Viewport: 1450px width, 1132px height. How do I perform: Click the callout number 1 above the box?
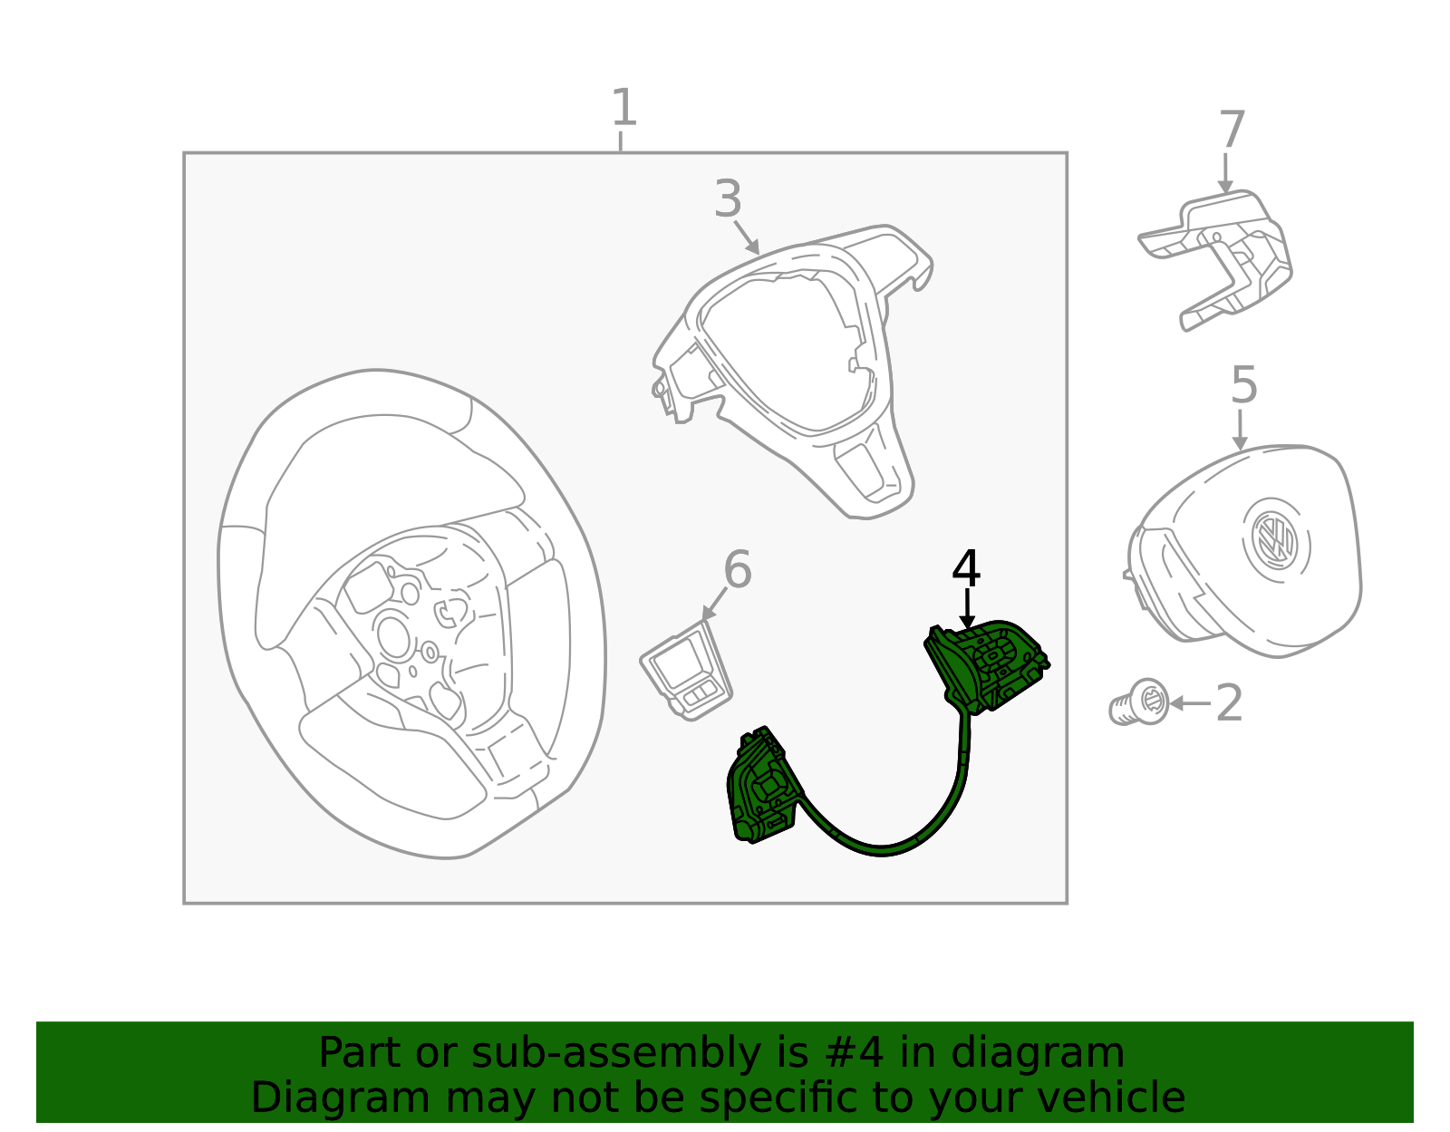[623, 108]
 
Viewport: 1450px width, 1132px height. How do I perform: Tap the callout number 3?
[728, 199]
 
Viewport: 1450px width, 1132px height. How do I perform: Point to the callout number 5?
[1243, 385]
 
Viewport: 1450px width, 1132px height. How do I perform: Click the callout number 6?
[737, 570]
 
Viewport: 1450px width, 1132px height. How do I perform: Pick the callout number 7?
[1232, 131]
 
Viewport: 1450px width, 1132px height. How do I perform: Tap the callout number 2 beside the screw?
[1229, 703]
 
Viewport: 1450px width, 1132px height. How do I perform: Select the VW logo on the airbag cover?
[1274, 539]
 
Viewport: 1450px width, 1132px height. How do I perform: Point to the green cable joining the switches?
[884, 847]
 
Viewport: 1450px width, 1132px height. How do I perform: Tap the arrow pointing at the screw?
[1189, 703]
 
